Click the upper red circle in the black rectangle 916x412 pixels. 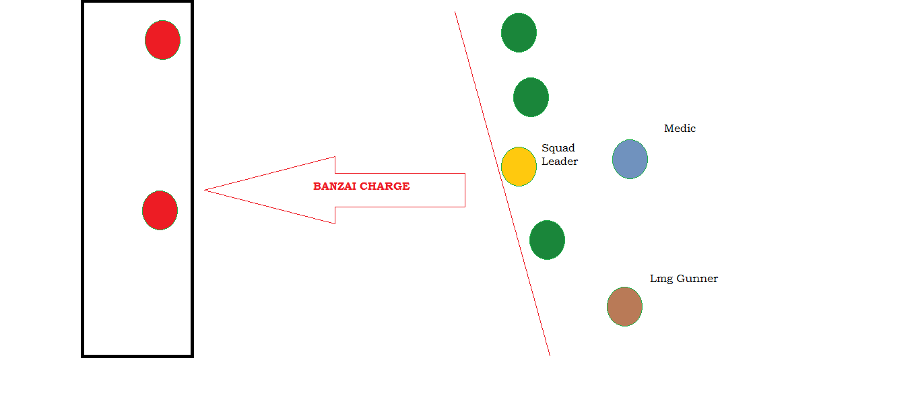(x=162, y=40)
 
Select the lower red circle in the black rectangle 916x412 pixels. (x=160, y=210)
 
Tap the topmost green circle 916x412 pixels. (x=519, y=32)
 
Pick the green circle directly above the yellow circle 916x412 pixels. (x=531, y=97)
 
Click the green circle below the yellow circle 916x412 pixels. (x=547, y=240)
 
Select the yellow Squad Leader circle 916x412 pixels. (x=519, y=166)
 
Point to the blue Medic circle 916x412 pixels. (x=630, y=159)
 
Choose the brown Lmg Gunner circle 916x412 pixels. (x=624, y=306)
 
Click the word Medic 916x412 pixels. (x=680, y=129)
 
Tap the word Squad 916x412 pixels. (x=558, y=148)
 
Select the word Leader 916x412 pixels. (x=560, y=162)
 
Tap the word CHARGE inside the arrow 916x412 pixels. (x=386, y=186)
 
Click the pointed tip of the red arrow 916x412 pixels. (x=205, y=191)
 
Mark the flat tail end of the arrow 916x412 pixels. (x=465, y=190)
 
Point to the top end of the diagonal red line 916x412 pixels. (x=455, y=12)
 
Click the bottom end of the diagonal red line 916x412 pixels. (x=550, y=355)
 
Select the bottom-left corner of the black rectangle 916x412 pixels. (x=84, y=355)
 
